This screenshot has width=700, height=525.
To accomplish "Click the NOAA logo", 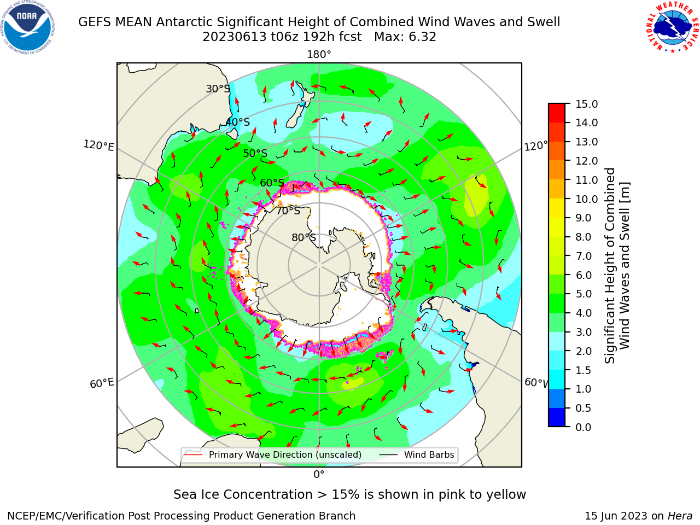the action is [x=28, y=27].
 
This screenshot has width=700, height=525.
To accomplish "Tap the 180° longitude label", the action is [x=319, y=55].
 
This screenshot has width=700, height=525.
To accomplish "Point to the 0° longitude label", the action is [x=319, y=475].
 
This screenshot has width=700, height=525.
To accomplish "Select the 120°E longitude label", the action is [x=98, y=145].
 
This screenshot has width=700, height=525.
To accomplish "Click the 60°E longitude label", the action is [x=102, y=383].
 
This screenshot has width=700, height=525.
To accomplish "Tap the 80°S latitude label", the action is [x=304, y=237].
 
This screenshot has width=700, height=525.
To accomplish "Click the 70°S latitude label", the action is [x=288, y=211].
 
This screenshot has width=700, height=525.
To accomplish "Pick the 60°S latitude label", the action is [x=272, y=183].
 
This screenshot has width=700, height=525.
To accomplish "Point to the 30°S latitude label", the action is [x=218, y=89].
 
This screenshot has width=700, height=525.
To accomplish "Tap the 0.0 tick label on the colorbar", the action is [x=584, y=427].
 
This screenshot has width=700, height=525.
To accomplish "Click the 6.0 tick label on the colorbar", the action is [x=584, y=275].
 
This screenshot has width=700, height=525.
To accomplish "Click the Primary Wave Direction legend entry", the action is [x=273, y=455].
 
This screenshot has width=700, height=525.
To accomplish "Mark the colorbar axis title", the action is [x=617, y=265].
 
